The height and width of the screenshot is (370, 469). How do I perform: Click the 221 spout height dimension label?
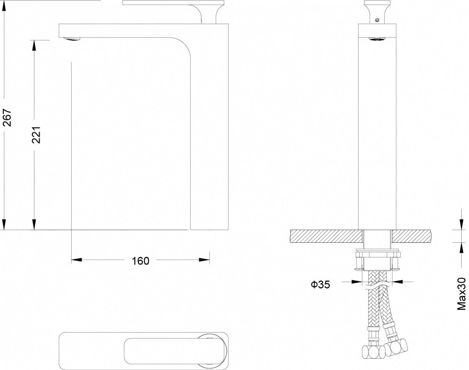[36, 135]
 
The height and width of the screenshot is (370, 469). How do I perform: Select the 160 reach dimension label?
[141, 261]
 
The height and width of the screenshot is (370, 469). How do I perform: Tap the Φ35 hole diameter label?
[320, 285]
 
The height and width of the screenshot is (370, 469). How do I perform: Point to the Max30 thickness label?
[462, 294]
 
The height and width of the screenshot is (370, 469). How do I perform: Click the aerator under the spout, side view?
[72, 39]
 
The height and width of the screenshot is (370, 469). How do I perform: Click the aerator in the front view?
[377, 39]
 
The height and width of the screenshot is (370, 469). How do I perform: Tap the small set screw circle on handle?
[377, 20]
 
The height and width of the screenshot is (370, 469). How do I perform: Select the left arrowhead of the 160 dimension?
[77, 260]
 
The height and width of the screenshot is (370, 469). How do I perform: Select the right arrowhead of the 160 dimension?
[204, 260]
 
